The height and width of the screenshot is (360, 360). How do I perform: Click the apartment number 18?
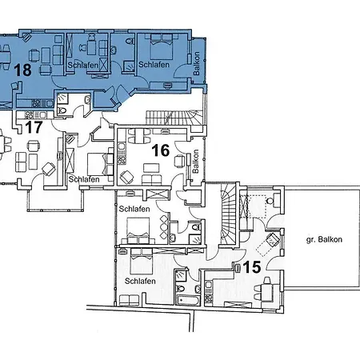[x=22, y=70]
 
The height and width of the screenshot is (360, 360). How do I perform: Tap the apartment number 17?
[x=34, y=127]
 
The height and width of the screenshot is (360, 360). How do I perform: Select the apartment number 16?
[x=161, y=150]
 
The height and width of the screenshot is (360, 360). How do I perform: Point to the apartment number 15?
[x=252, y=267]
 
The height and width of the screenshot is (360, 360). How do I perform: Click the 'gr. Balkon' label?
[x=324, y=239]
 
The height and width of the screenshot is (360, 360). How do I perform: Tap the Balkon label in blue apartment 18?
[x=196, y=63]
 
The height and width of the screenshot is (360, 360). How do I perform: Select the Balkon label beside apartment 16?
[x=195, y=161]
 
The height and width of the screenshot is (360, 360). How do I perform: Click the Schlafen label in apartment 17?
[x=84, y=179]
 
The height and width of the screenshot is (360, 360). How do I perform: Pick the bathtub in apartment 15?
[x=188, y=300]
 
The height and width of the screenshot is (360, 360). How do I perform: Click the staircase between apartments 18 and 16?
[x=174, y=118]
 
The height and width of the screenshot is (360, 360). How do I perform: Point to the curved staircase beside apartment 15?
[x=228, y=214]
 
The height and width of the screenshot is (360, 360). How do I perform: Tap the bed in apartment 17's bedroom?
[x=98, y=164]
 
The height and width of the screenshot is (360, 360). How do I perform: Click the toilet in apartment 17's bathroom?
[x=62, y=110]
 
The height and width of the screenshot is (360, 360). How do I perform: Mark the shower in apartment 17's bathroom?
[x=63, y=98]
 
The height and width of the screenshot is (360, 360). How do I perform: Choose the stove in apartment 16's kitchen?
[x=122, y=160]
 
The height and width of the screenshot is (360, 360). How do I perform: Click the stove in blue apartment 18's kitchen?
[x=36, y=102]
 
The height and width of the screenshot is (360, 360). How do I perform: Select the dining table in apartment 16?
[x=139, y=136]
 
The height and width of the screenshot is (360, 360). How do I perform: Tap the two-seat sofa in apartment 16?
[x=151, y=180]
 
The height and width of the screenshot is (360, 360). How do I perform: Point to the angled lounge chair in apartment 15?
[x=273, y=240]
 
